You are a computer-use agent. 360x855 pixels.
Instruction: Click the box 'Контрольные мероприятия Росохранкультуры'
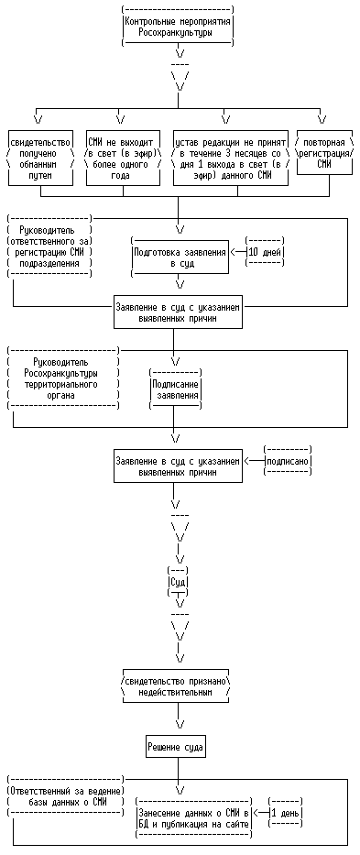[179, 27]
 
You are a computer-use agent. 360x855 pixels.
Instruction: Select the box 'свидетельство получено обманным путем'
[41, 159]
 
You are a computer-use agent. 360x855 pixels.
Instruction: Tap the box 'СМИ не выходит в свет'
[124, 159]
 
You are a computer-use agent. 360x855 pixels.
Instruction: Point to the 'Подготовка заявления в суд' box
[180, 256]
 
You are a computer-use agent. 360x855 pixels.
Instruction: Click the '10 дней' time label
[265, 252]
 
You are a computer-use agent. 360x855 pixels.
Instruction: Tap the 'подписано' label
[287, 461]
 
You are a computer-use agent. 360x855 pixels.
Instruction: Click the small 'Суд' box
[179, 581]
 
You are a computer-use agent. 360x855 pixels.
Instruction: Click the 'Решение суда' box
[178, 747]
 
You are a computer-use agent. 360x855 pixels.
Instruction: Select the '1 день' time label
[285, 813]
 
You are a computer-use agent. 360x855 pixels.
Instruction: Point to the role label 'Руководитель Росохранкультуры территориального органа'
[64, 378]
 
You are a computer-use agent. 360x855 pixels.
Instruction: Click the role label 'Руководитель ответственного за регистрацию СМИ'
[50, 247]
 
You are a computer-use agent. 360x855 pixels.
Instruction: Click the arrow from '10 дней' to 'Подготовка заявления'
[238, 252]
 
